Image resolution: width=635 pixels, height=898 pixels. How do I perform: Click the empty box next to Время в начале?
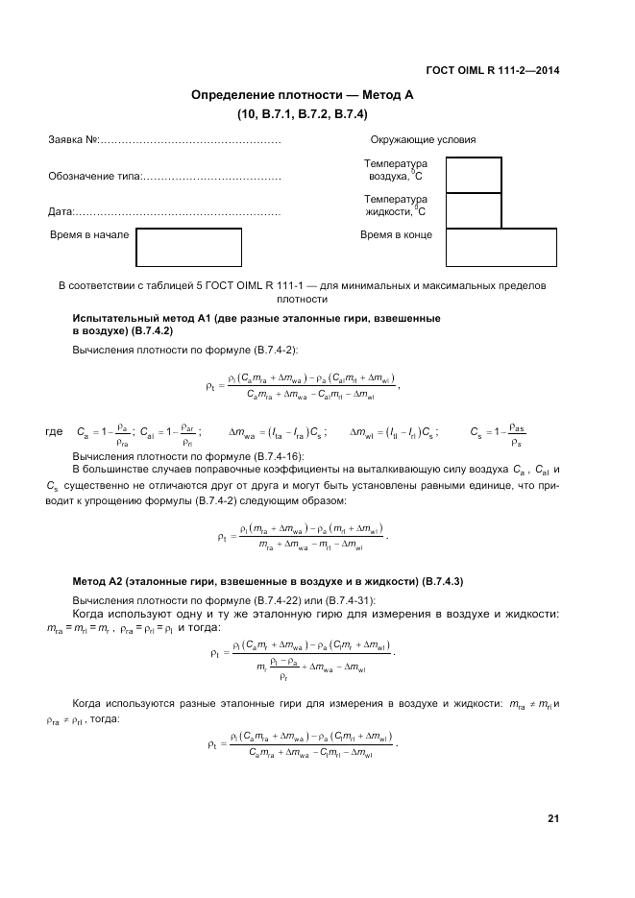tap(188, 247)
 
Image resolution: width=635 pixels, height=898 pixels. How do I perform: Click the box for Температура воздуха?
tap(475, 175)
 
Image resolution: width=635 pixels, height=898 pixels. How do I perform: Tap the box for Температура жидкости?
tap(475, 209)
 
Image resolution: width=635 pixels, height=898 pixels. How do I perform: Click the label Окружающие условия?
tap(423, 140)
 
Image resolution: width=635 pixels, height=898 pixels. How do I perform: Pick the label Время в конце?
tap(396, 234)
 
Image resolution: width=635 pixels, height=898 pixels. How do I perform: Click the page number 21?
tap(552, 819)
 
